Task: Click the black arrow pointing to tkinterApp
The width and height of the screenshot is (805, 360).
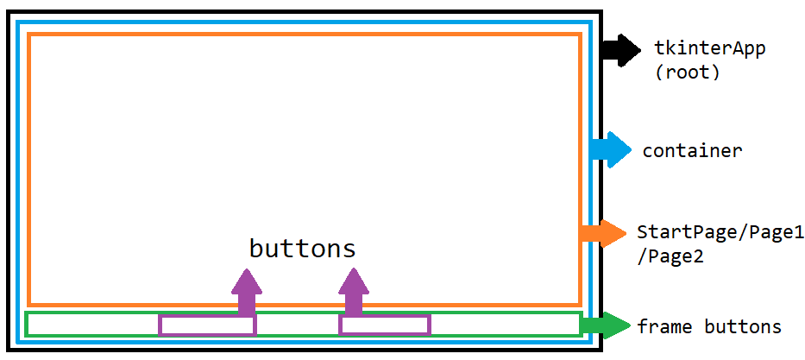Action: click(x=621, y=50)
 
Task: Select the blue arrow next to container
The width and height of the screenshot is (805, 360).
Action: click(x=611, y=150)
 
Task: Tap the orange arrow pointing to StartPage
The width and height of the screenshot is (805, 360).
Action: click(x=604, y=234)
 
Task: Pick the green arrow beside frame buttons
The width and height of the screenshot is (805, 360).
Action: click(x=605, y=325)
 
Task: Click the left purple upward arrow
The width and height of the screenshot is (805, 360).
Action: click(x=247, y=292)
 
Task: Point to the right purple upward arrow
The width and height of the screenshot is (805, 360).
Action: click(x=353, y=292)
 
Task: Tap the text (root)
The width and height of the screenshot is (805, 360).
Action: click(x=688, y=73)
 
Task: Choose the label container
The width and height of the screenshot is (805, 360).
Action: click(x=692, y=151)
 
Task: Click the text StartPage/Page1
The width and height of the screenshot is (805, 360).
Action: click(x=720, y=232)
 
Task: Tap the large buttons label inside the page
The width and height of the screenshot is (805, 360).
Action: click(x=302, y=249)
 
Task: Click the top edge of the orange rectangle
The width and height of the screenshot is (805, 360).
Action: click(x=305, y=35)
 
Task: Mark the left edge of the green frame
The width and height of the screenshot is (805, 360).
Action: click(x=26, y=324)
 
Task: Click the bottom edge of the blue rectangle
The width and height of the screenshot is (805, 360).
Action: click(x=304, y=342)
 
